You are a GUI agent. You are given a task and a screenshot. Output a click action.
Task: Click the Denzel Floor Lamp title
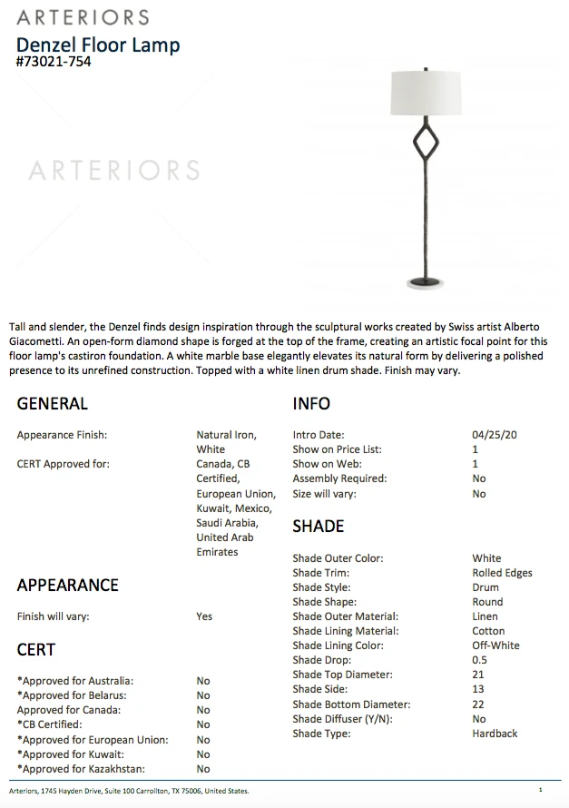point(98,44)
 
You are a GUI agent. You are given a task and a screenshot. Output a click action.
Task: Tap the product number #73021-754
point(54,62)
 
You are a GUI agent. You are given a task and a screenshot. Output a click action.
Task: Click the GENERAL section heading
point(53,403)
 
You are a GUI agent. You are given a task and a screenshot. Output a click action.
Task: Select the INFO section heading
point(311,403)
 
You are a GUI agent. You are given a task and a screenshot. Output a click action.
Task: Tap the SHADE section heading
point(318,527)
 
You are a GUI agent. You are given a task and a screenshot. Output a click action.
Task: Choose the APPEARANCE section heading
point(68,585)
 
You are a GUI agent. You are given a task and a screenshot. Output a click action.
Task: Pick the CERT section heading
point(36,649)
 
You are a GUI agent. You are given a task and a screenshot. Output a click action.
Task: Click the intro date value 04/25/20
point(495,435)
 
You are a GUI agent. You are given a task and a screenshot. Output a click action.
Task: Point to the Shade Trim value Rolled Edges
point(502,573)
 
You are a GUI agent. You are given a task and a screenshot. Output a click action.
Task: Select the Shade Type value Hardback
point(495,733)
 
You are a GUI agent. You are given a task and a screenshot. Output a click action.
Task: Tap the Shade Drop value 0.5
point(479,660)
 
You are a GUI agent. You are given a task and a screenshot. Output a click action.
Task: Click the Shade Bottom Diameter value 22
point(478,705)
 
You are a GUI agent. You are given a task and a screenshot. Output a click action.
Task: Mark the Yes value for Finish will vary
point(204,616)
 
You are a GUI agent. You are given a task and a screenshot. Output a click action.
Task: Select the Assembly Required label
point(339,478)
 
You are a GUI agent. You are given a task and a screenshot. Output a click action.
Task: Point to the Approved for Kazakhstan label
point(74,769)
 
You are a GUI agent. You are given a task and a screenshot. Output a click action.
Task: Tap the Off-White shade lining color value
point(495,645)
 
